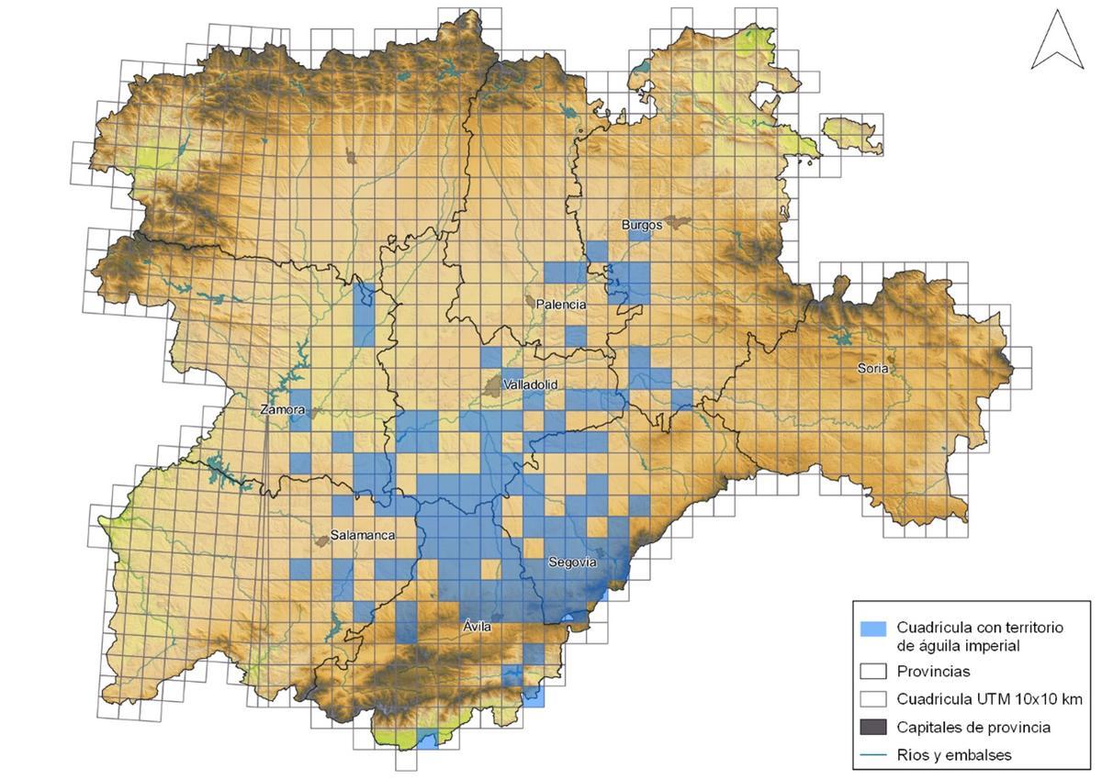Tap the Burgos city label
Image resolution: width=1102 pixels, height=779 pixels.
coord(641,224)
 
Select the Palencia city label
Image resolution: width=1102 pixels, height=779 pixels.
coord(563,305)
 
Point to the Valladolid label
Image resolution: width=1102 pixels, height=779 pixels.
coord(531,385)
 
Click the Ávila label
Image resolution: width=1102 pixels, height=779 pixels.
coord(477,627)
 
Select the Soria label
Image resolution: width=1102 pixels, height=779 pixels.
coord(872,368)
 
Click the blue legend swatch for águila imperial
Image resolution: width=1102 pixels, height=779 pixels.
coord(873,629)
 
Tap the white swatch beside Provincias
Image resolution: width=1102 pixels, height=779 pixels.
coord(873,672)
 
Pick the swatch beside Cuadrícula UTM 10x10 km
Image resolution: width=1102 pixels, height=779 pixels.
coord(873,699)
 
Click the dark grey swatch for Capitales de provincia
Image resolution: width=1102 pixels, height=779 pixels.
coord(873,727)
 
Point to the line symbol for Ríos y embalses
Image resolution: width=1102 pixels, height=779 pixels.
coord(873,754)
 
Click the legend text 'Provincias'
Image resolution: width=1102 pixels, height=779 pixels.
coord(932,672)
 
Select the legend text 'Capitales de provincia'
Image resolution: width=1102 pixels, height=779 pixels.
coord(973,727)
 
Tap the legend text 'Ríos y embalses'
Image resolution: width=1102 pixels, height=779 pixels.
coord(954,754)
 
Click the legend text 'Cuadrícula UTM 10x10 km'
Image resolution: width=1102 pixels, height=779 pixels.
coord(989,699)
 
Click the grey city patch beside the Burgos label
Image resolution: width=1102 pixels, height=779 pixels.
coord(678,221)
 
